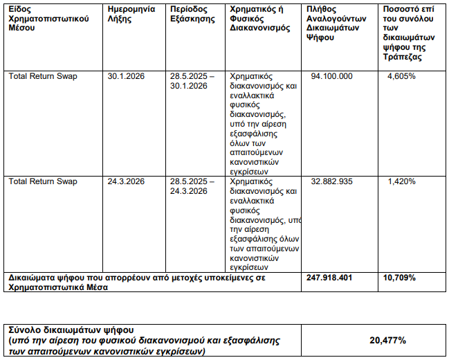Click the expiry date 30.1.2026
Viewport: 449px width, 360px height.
coord(126,75)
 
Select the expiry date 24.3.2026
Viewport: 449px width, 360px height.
coord(126,181)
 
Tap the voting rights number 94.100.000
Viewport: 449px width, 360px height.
coord(331,75)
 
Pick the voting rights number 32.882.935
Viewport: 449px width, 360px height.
coord(331,181)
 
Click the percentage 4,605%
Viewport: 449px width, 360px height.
coord(402,75)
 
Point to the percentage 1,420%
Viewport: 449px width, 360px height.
coord(402,181)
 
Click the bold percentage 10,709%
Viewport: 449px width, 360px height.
coord(400,277)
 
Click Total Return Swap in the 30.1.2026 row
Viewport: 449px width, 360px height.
coord(43,75)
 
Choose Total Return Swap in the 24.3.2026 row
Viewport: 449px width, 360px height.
coord(43,181)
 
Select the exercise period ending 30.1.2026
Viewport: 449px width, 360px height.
coord(192,80)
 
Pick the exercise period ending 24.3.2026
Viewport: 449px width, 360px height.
coord(192,186)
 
